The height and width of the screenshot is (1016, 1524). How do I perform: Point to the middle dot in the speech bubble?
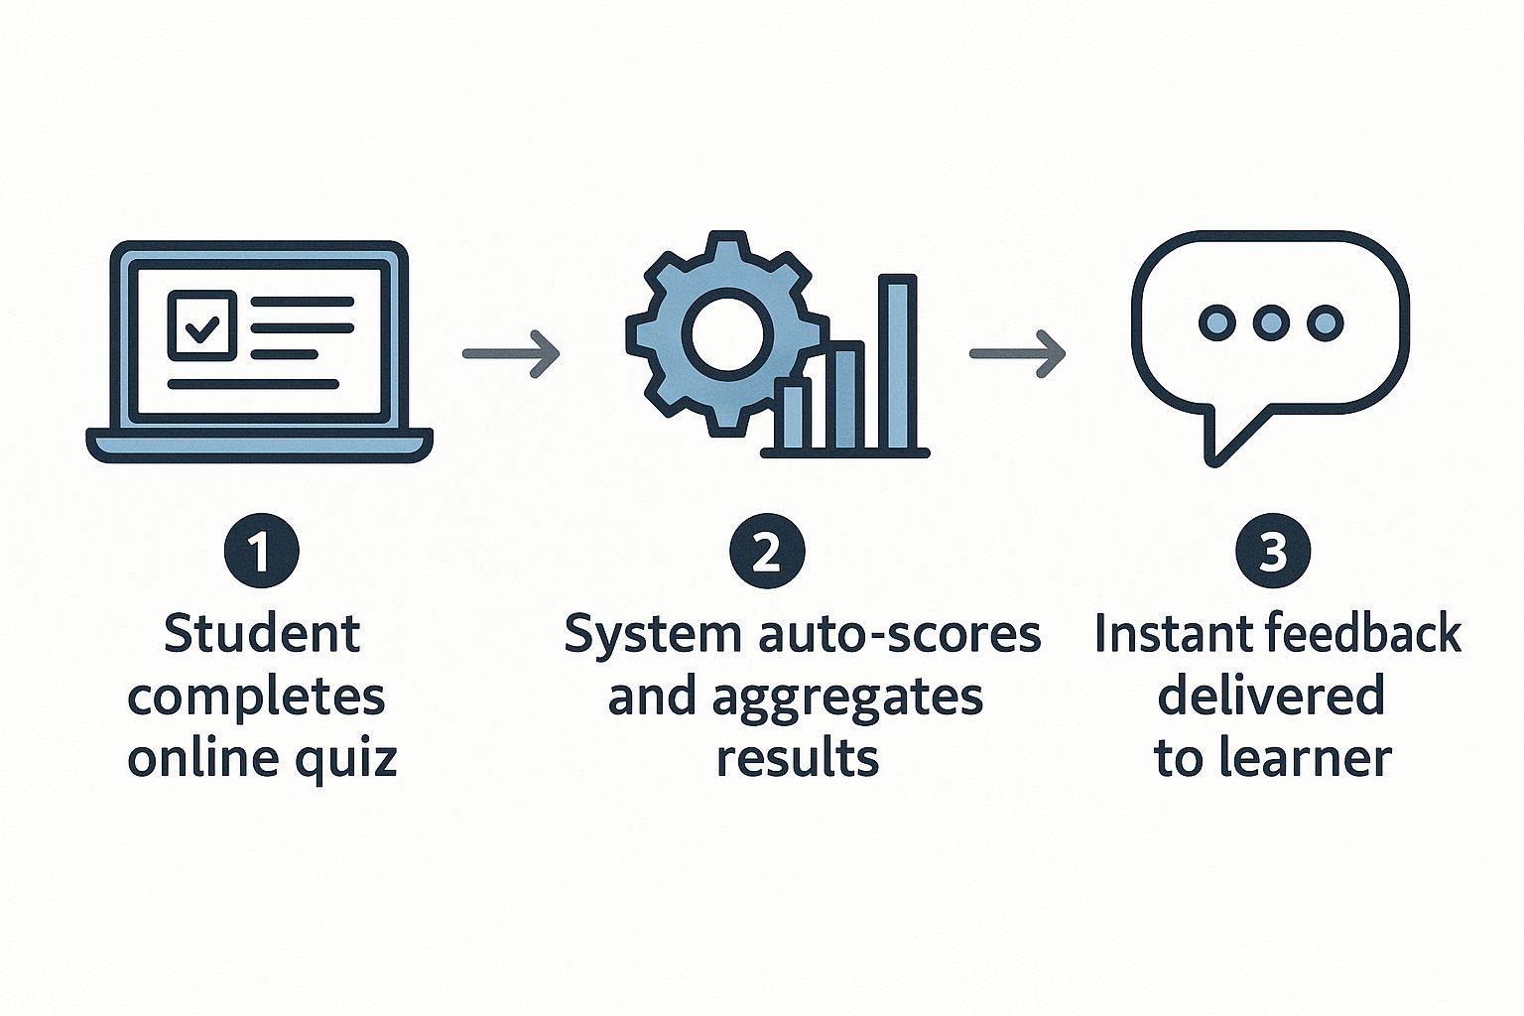tap(1271, 321)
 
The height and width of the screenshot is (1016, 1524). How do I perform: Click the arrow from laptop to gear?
tap(511, 353)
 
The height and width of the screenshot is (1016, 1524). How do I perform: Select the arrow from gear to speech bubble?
tap(1017, 353)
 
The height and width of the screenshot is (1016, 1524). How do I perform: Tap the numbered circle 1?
tap(261, 553)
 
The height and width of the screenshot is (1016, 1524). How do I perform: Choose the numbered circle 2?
tap(767, 553)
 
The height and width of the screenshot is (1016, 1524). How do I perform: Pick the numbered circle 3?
tap(1273, 553)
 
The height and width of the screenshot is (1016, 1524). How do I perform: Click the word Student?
tap(261, 634)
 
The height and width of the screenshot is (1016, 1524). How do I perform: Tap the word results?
tap(797, 759)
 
